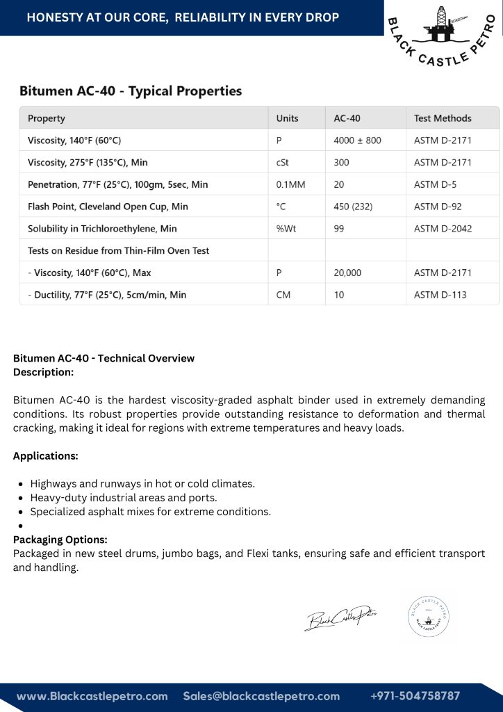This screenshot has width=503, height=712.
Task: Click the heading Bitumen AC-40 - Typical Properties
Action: [131, 91]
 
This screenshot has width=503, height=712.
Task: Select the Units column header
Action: [287, 118]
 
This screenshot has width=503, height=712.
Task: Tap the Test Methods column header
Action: [443, 118]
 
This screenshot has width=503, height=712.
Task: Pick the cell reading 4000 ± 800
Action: [357, 140]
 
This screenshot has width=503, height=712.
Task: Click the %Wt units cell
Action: [286, 229]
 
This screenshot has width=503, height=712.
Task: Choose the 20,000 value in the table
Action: [347, 273]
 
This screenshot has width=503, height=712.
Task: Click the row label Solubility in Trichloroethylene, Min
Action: [102, 229]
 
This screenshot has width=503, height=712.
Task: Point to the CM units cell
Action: [283, 295]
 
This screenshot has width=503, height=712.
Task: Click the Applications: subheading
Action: [46, 456]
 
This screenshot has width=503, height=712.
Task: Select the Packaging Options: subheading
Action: [60, 540]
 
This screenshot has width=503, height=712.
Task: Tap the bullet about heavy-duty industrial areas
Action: [124, 498]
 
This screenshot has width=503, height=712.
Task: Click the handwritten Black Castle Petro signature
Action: [340, 617]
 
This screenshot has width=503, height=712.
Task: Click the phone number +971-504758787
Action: [415, 696]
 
